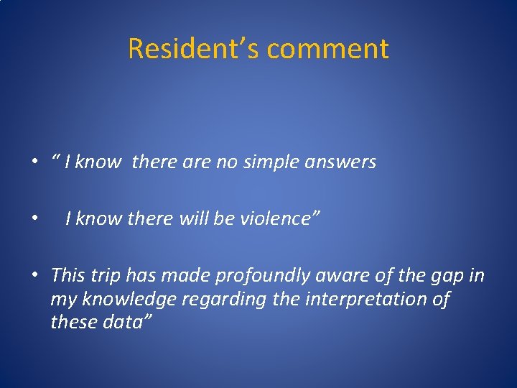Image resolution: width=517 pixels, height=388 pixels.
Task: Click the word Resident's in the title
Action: tap(193, 49)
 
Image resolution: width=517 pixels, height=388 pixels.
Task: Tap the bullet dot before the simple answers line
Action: tap(34, 162)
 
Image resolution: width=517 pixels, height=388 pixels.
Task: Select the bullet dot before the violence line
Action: tap(34, 218)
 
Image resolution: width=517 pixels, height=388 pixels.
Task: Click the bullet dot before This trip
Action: tap(34, 274)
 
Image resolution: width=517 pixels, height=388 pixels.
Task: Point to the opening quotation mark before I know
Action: tap(55, 158)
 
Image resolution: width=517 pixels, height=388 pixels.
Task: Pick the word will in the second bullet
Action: tap(195, 218)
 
